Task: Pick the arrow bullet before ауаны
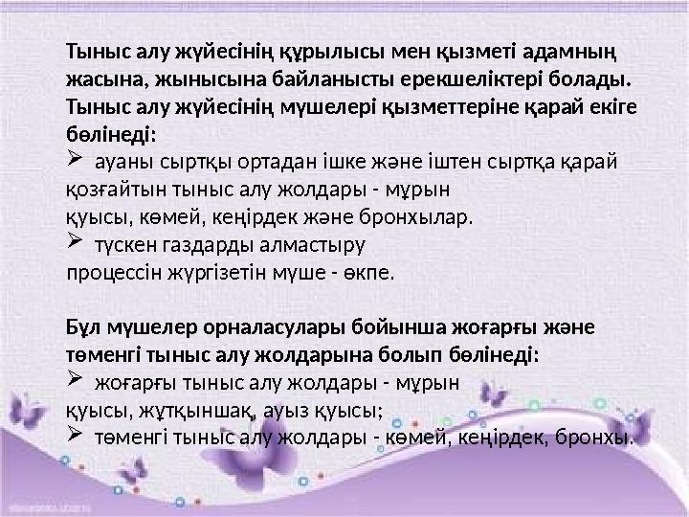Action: [77, 159]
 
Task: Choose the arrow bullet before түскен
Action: [77, 243]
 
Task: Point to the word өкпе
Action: [371, 273]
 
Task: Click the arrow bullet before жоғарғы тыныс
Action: [77, 382]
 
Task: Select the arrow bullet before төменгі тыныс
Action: [77, 437]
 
